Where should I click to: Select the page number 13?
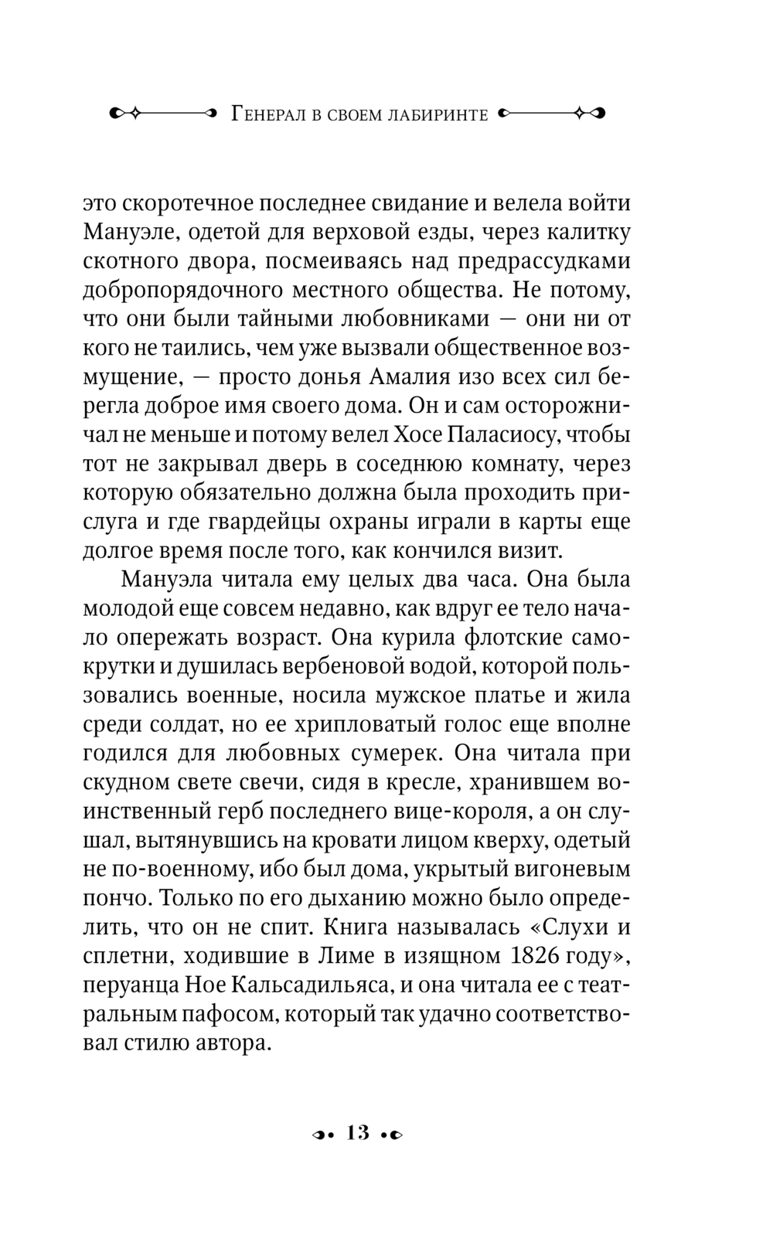click(x=359, y=1134)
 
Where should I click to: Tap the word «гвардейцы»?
click(x=260, y=521)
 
